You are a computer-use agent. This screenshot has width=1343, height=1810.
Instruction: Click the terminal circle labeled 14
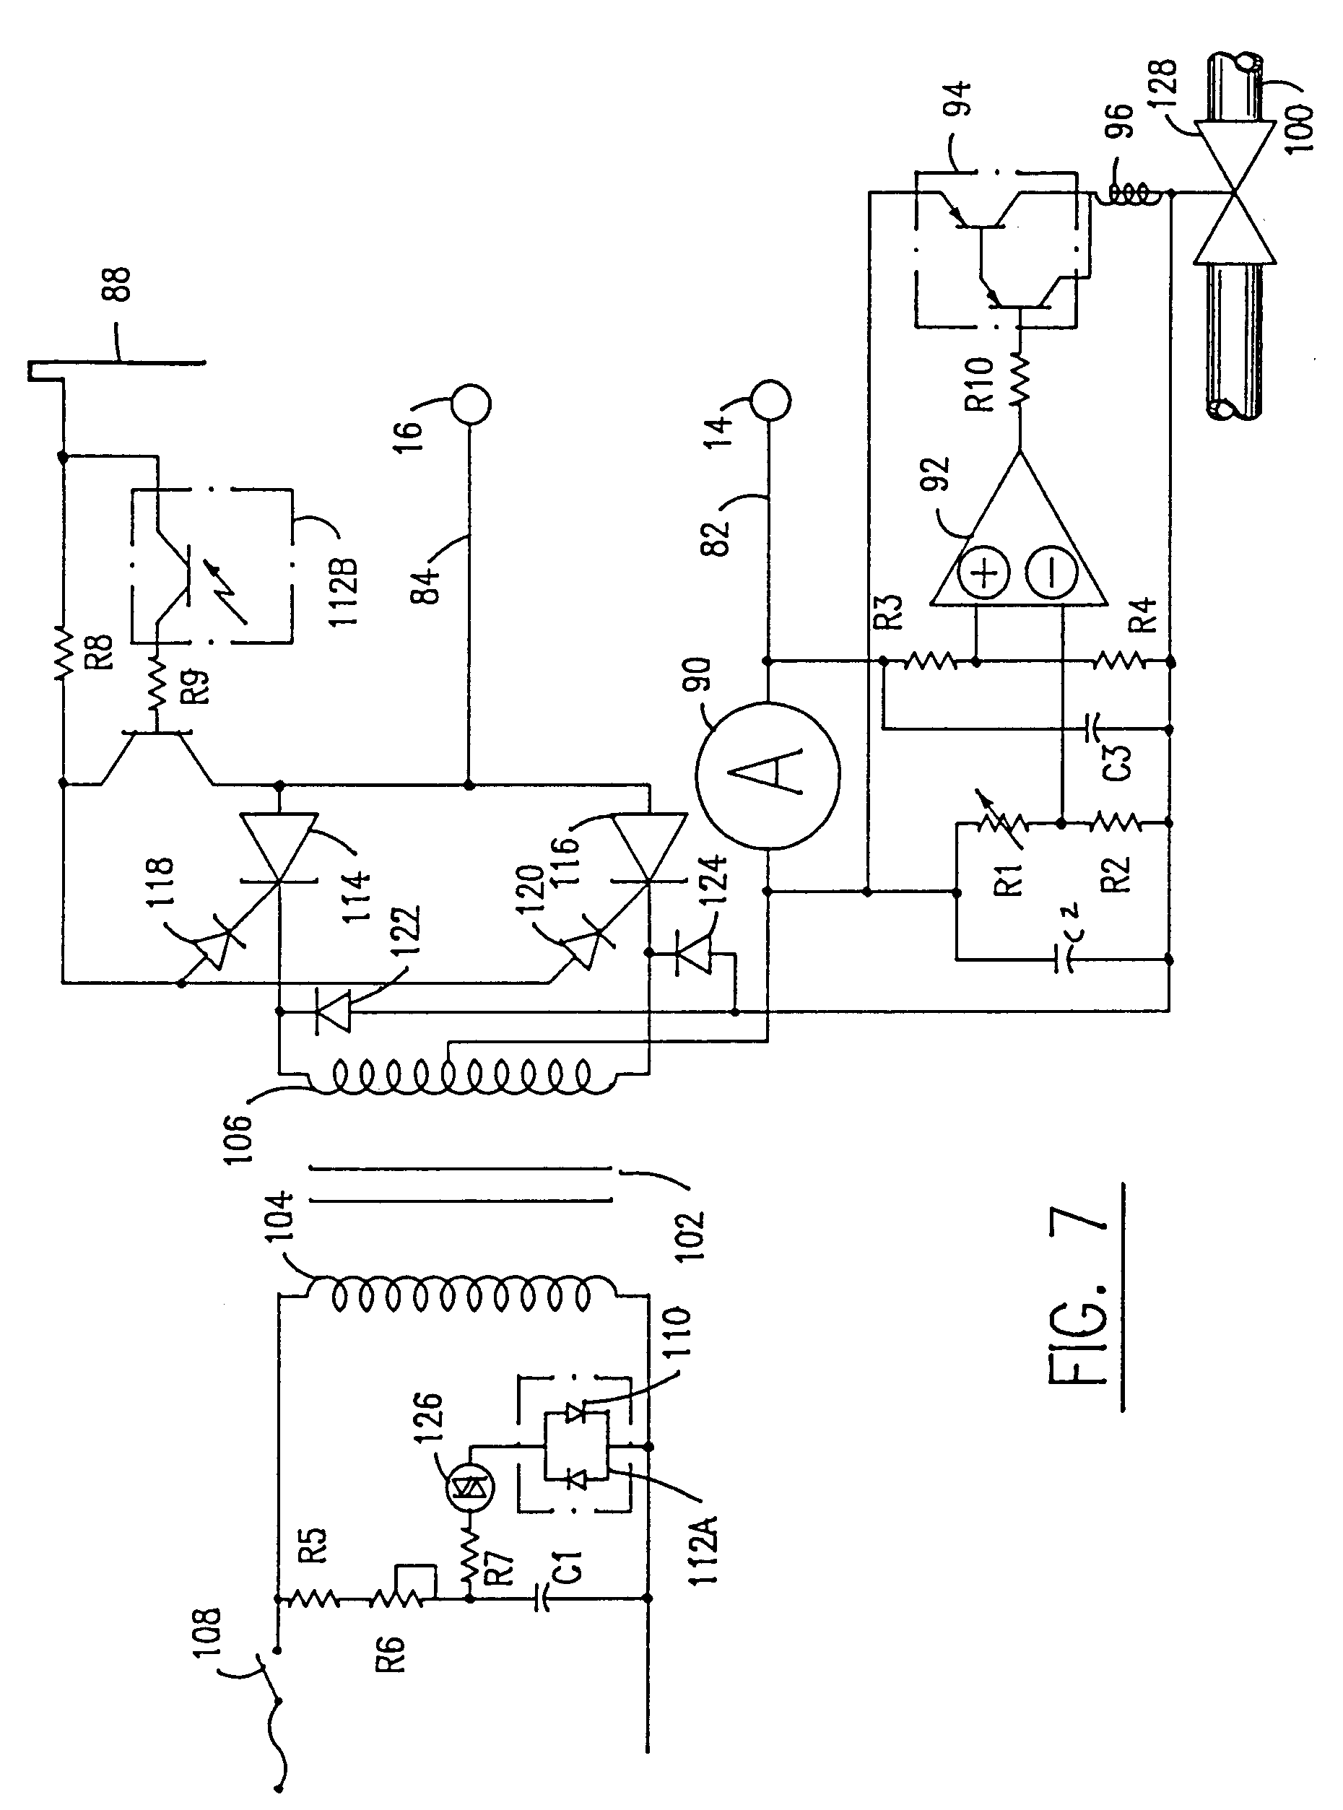click(x=770, y=399)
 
